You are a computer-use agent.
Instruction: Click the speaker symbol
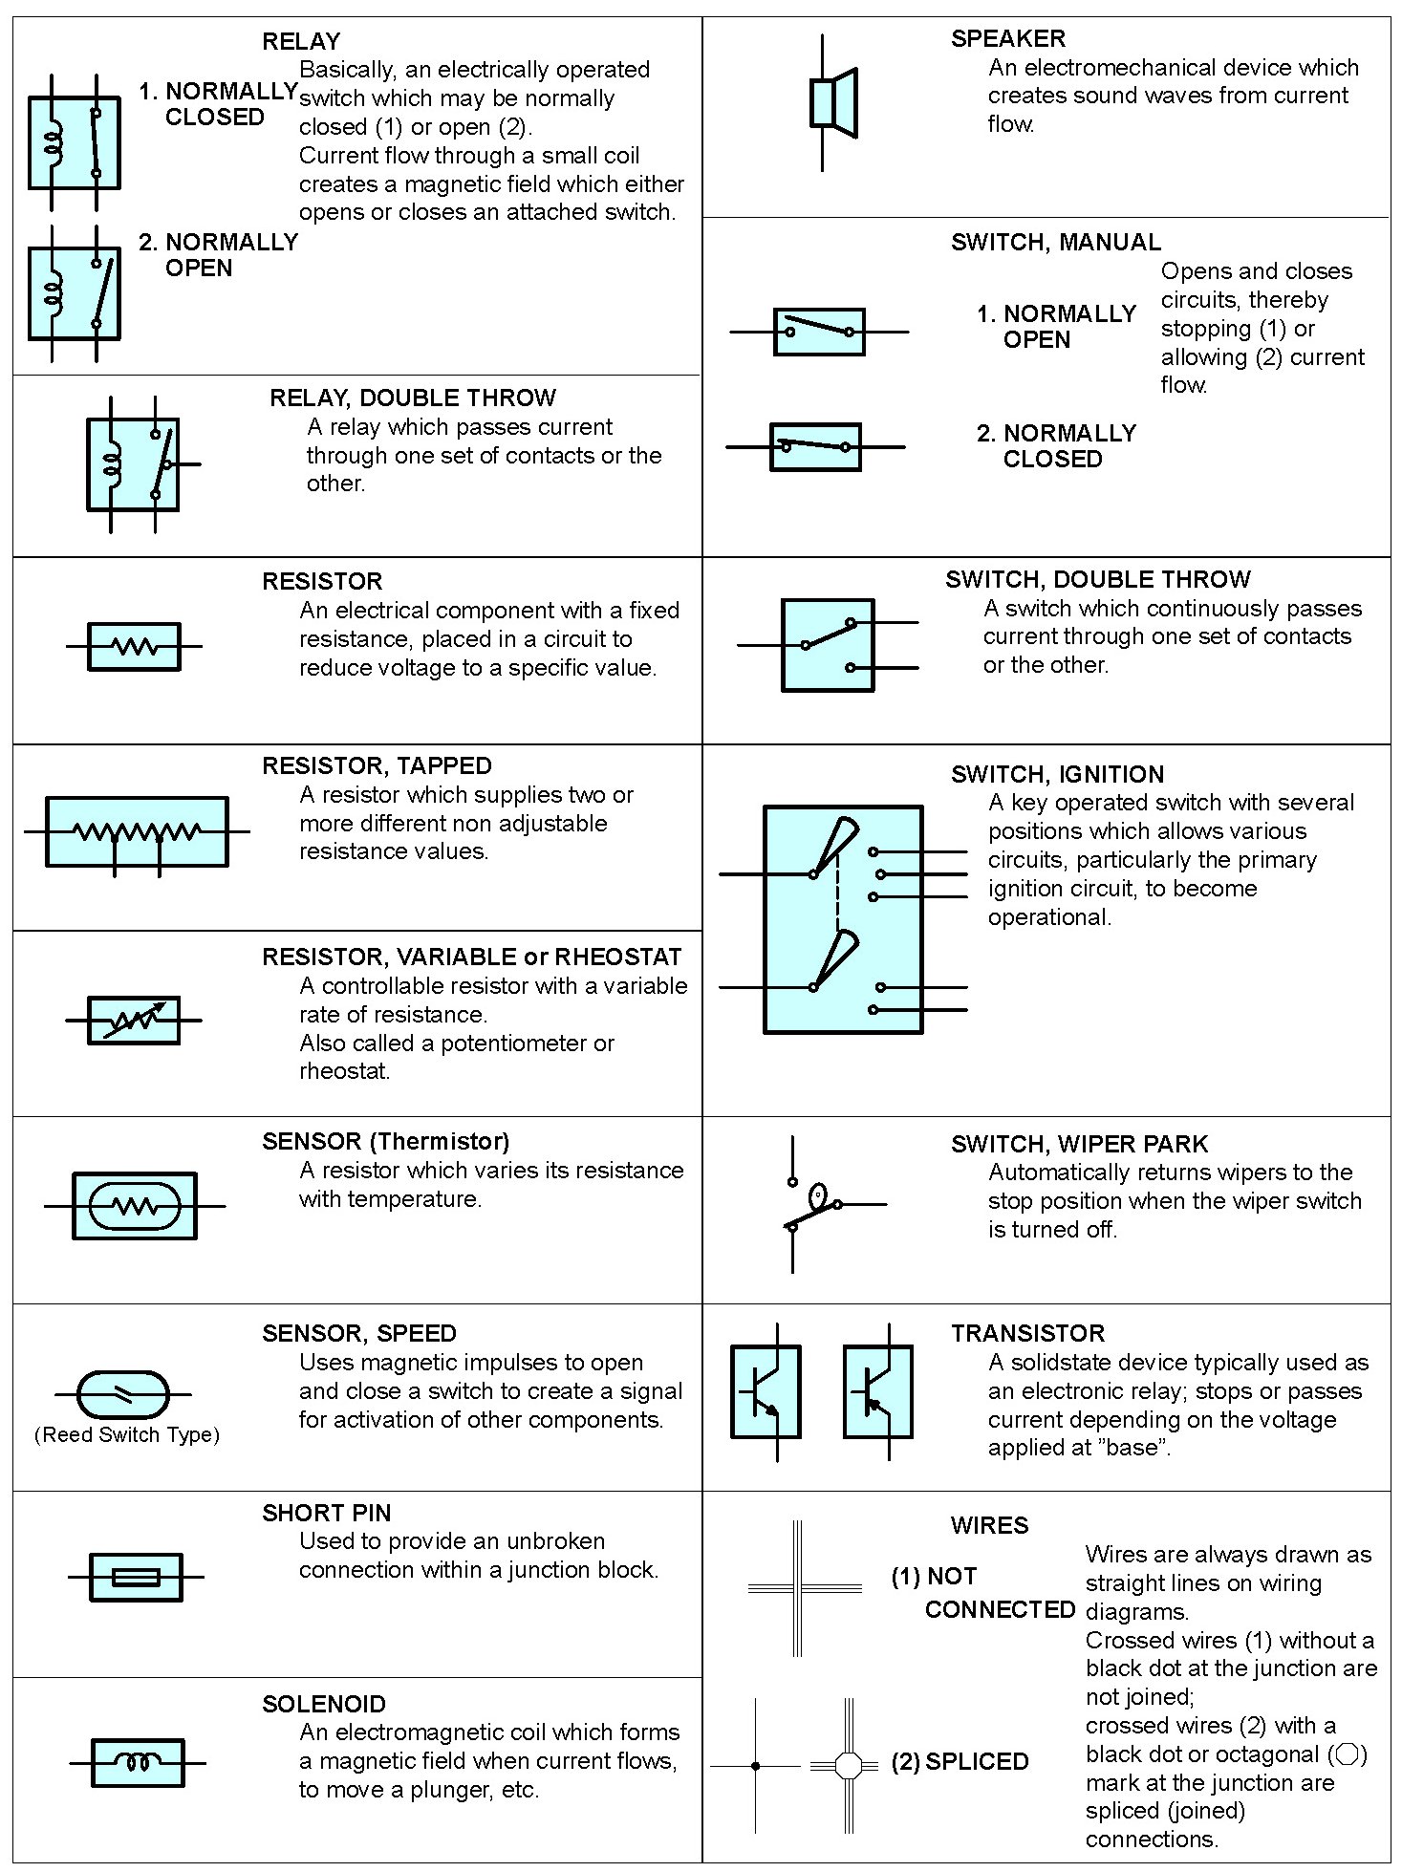832,102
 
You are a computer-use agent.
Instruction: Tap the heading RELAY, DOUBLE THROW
412,398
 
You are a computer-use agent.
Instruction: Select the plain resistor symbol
134,647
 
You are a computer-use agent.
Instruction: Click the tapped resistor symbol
137,832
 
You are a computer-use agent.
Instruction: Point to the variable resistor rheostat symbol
134,1020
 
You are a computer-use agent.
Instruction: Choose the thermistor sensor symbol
135,1206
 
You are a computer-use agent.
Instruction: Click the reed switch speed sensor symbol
122,1394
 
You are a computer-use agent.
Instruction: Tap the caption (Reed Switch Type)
127,1434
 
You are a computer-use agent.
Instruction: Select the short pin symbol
136,1577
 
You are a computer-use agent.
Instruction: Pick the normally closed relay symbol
75,143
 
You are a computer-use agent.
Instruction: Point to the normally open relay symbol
75,293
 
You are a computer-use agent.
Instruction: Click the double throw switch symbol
828,645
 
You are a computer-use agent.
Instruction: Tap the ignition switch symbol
843,919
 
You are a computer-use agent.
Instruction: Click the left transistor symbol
766,1391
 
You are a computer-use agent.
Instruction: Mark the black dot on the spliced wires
756,1766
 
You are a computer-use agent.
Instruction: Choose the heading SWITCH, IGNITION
1057,774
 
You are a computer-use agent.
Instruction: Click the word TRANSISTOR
1027,1333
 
